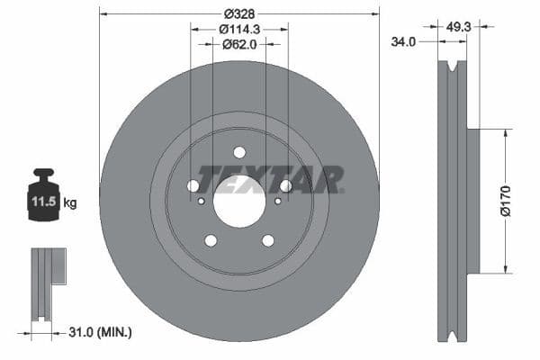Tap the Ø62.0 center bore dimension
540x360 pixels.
238,43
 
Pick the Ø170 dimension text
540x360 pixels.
506,199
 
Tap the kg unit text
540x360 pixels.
70,203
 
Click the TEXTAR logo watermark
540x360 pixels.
270,179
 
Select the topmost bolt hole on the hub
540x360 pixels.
239,152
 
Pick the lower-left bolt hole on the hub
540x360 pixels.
211,240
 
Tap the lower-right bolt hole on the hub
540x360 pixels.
268,240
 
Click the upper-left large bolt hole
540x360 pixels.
193,185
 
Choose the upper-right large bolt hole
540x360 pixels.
286,185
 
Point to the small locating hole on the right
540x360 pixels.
279,201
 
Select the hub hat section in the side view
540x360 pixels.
472,201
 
